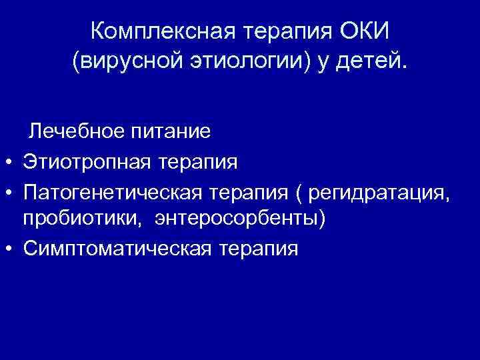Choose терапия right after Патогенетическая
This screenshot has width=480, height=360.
[x=248, y=191]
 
